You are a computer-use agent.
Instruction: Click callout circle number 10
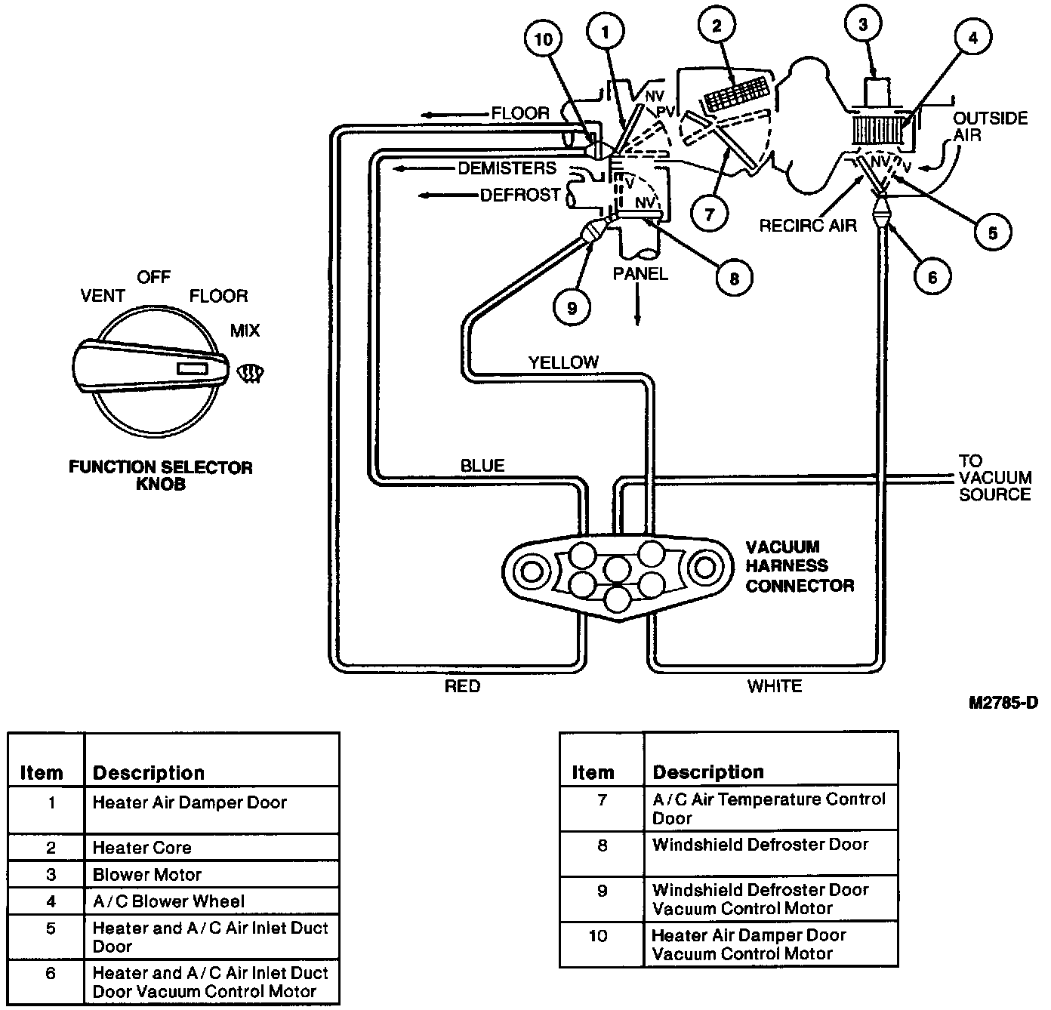(x=543, y=39)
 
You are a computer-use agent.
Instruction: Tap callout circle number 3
(x=862, y=24)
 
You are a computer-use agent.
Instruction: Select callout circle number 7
(x=709, y=214)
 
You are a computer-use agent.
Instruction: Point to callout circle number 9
(x=572, y=307)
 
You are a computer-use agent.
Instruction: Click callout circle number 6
(x=932, y=276)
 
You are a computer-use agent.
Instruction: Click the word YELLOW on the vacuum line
(x=563, y=362)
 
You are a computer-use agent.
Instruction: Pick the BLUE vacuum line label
(x=482, y=465)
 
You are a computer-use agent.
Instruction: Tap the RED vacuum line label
(x=462, y=686)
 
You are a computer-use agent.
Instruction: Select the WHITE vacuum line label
(x=775, y=686)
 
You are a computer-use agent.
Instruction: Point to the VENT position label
(x=103, y=295)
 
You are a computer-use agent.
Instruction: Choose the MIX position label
(x=245, y=330)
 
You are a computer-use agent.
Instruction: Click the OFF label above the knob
(x=153, y=277)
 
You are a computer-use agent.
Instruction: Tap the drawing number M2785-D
(x=1003, y=702)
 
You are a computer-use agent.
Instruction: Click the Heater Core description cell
(x=211, y=847)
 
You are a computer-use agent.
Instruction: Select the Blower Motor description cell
(x=211, y=874)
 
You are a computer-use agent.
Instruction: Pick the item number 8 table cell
(x=603, y=854)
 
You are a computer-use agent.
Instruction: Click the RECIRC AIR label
(x=808, y=225)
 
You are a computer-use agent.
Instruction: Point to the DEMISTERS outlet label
(x=507, y=168)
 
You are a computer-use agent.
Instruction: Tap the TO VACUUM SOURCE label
(x=995, y=478)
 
